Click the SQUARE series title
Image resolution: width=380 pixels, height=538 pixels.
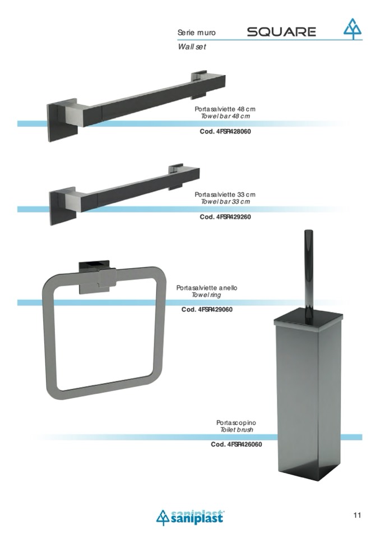(281, 32)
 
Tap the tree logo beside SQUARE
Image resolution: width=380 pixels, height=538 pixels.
(353, 29)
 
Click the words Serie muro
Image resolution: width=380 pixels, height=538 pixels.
(197, 33)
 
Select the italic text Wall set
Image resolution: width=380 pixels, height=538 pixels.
(192, 47)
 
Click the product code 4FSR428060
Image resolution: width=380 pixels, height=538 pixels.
(234, 131)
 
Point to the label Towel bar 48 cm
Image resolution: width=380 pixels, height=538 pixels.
(225, 116)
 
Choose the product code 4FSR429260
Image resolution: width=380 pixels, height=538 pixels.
(234, 217)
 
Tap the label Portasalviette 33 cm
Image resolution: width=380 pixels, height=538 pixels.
(225, 195)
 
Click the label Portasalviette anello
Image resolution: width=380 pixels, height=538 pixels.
(207, 288)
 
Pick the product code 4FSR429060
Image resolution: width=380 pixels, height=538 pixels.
(215, 310)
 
